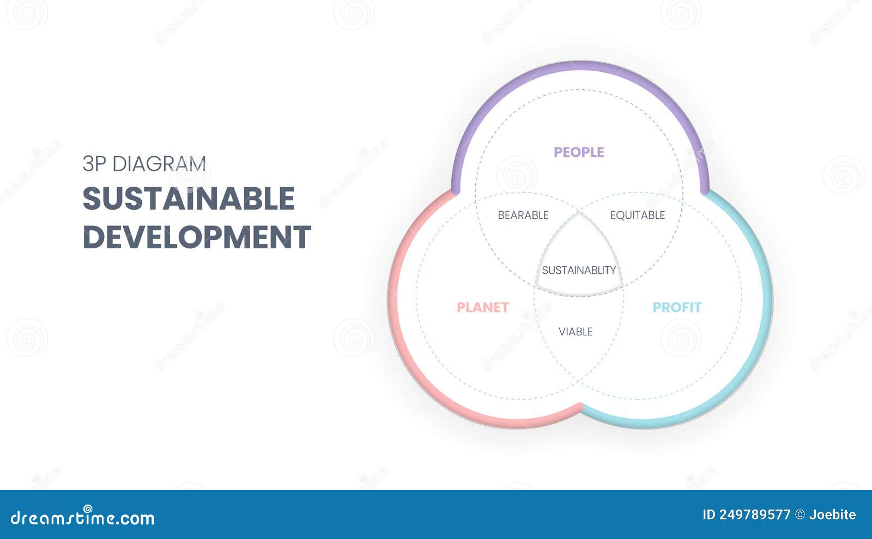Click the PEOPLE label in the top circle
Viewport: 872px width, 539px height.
579,152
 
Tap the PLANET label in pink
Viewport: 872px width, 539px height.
482,308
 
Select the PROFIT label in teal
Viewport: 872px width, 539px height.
677,308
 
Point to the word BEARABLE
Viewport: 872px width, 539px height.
523,215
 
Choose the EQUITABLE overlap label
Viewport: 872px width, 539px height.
637,215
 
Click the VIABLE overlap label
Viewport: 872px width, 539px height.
576,332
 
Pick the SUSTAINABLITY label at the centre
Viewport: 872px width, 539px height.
579,270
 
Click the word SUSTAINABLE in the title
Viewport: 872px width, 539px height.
189,199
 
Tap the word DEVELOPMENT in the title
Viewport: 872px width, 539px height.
197,237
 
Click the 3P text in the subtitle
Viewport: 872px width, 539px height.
94,164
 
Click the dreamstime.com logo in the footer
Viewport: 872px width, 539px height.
83,518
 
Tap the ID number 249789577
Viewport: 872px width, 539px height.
754,514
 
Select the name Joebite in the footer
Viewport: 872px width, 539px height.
832,514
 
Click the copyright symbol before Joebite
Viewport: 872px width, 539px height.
800,514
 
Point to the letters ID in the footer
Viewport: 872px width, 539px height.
708,514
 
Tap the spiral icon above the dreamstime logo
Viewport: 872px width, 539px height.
87,508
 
